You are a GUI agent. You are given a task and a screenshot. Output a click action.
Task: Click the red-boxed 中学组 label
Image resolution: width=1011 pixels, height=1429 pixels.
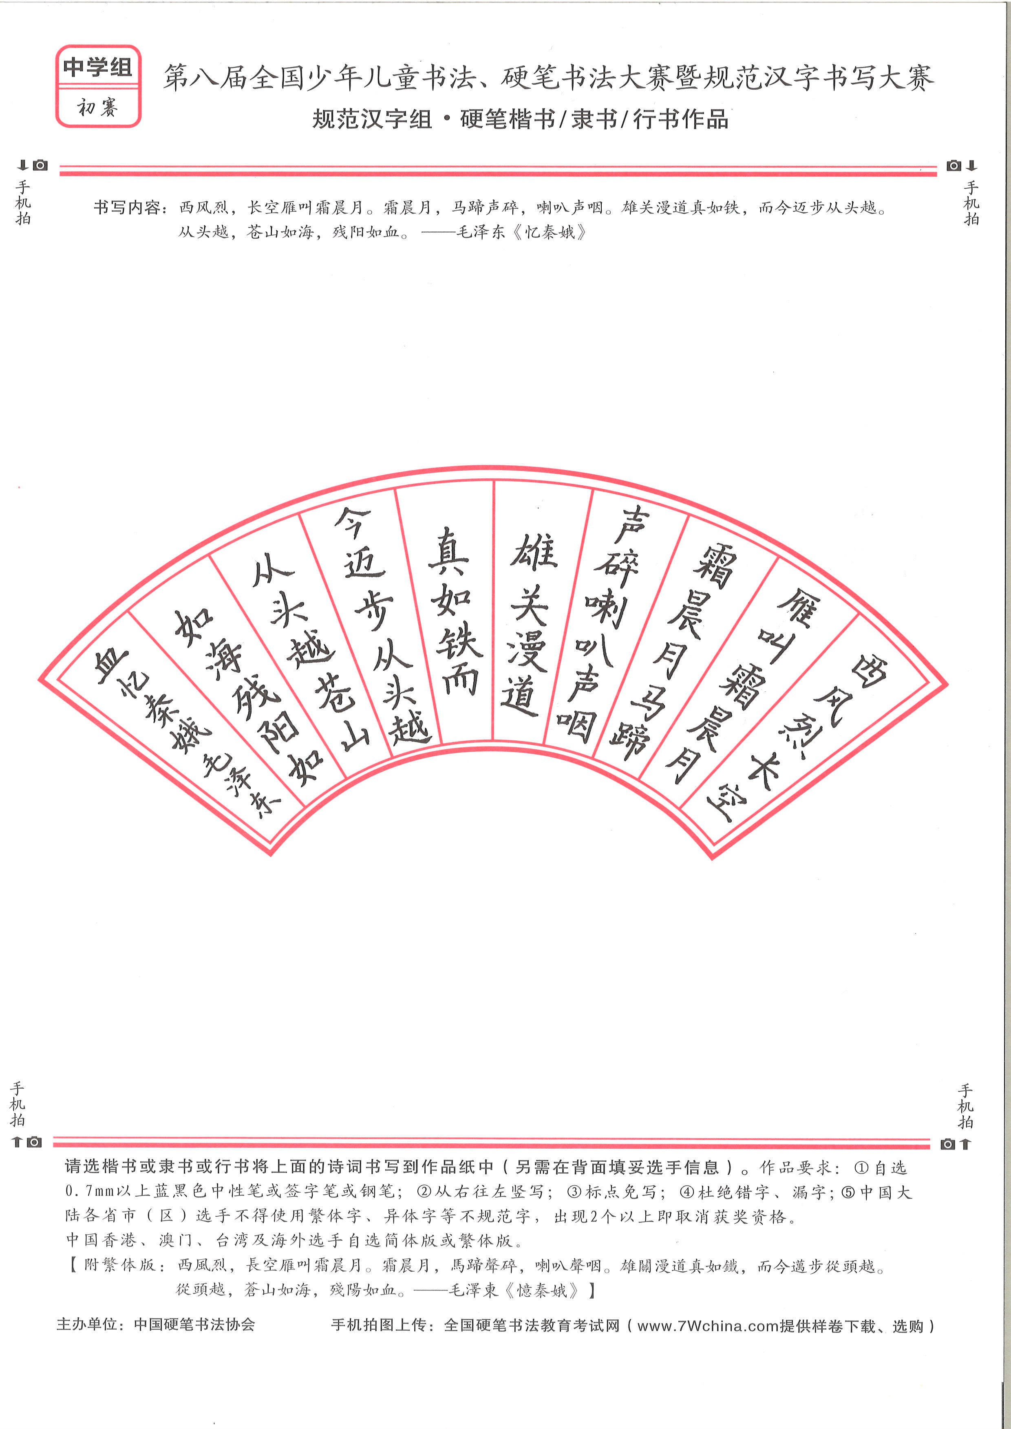click(98, 66)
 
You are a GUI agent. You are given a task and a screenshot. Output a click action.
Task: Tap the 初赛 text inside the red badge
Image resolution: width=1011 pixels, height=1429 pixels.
click(98, 108)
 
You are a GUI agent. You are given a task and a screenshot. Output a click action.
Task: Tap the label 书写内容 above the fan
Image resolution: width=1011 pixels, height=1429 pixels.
click(127, 207)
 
